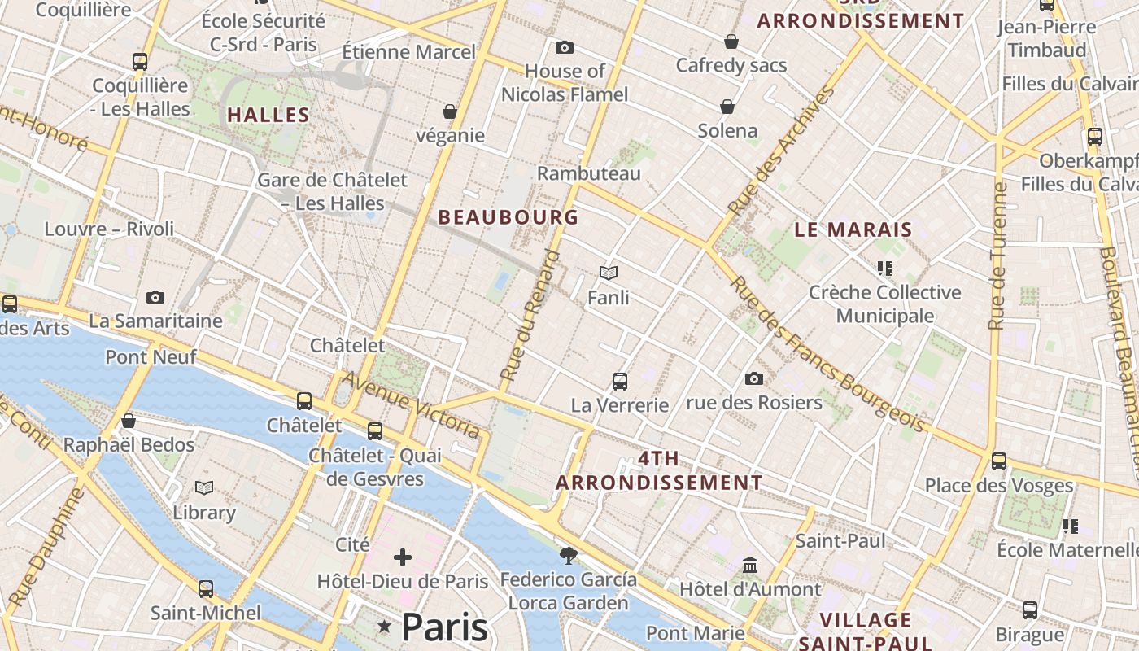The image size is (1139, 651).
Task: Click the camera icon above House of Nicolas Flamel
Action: click(x=564, y=48)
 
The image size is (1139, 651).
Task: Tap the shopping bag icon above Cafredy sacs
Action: click(x=731, y=42)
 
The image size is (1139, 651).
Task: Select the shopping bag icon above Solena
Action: click(x=727, y=107)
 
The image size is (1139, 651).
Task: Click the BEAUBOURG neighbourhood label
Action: click(x=508, y=217)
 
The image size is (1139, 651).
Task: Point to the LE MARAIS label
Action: click(x=853, y=229)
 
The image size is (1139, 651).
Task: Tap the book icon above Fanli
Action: click(x=609, y=273)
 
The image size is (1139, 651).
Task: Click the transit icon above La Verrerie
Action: click(x=620, y=381)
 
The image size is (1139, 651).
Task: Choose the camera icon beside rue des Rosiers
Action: click(x=754, y=378)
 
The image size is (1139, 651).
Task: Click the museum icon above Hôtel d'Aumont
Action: click(x=750, y=565)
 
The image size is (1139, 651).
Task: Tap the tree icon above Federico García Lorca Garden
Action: click(x=569, y=555)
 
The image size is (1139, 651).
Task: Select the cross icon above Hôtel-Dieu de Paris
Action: click(x=403, y=557)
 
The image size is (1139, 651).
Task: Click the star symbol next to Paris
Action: click(x=385, y=627)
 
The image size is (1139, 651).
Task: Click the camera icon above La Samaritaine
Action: click(x=155, y=298)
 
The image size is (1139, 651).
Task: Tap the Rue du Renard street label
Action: click(x=531, y=317)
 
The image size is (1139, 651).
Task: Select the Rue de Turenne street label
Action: click(x=997, y=256)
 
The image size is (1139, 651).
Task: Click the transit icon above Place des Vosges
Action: click(x=999, y=461)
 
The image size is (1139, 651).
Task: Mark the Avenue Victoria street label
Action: click(x=411, y=404)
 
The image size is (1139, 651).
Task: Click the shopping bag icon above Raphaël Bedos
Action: click(x=129, y=421)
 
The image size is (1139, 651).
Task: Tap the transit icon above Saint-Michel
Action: click(x=206, y=588)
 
